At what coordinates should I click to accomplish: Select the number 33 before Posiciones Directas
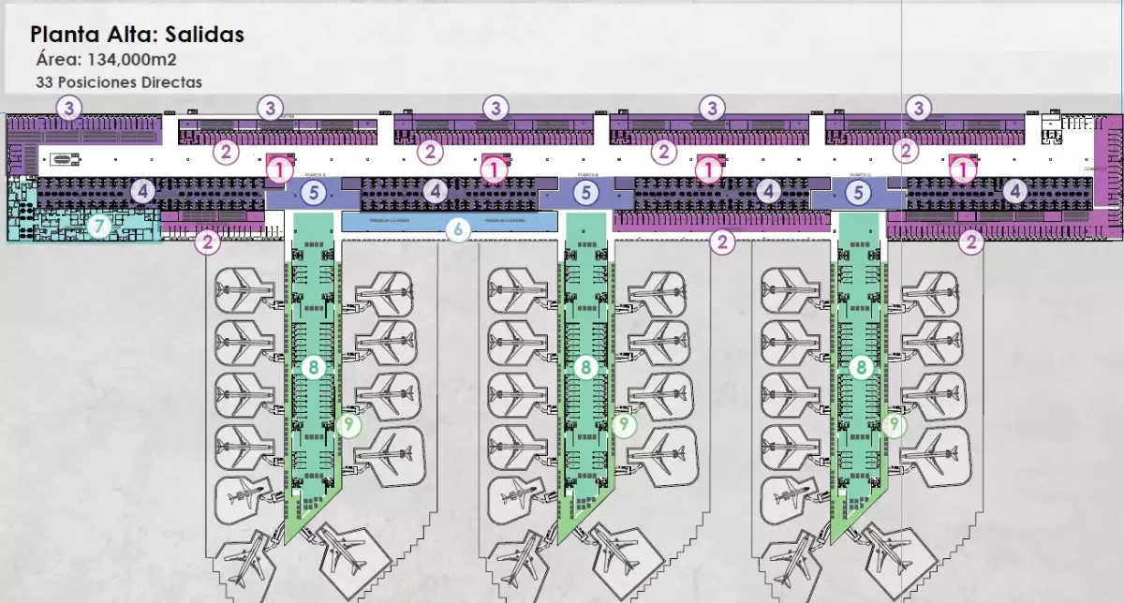point(43,82)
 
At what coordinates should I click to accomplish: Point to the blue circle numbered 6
point(457,228)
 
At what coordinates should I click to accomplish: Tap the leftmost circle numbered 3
point(68,107)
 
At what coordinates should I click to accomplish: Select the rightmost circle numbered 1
point(963,169)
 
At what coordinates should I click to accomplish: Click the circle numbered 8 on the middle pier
point(585,367)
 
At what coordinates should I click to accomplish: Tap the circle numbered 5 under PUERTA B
point(585,193)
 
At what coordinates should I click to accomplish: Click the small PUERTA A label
point(315,175)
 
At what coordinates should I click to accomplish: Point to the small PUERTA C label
point(860,175)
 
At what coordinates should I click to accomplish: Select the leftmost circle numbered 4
point(142,192)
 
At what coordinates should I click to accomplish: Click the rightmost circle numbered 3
point(919,108)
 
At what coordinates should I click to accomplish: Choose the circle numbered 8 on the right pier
point(860,367)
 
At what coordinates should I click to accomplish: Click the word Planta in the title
point(64,35)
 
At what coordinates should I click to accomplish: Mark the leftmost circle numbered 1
point(279,169)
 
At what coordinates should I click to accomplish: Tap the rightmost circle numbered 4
point(1014,192)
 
